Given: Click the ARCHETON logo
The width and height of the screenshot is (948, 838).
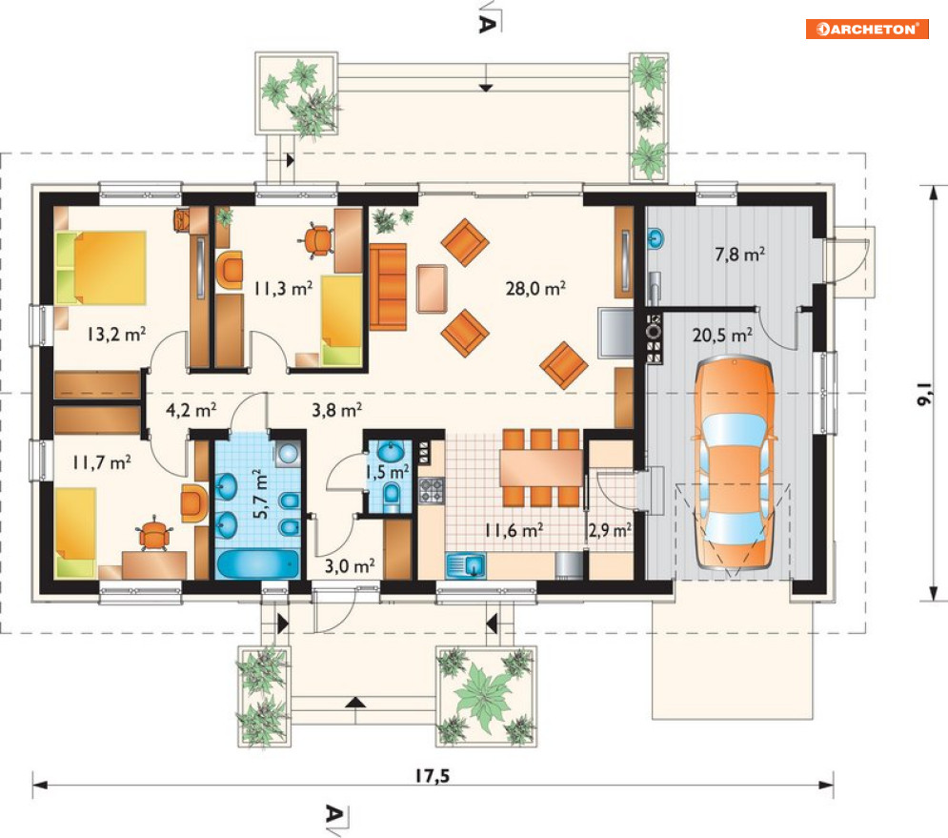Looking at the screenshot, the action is pos(867,29).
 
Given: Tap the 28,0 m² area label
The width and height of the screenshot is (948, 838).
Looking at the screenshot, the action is pos(535,288).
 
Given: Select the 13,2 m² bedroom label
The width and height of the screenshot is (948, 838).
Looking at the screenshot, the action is pos(116,334).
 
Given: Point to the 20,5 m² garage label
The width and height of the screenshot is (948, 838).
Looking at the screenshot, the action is pos(722,335).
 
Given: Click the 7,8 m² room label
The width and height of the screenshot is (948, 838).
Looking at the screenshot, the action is pos(739,254).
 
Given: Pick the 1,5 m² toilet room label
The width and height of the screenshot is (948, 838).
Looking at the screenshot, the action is pos(388,471).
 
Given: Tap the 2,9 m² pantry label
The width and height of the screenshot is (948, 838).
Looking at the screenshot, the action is pos(610,531).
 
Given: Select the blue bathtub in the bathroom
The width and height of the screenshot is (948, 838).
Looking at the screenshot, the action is pos(258,564).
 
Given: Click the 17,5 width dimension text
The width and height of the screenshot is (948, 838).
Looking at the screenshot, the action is pos(433,776).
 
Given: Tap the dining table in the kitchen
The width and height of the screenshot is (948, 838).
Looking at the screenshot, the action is pos(541,468).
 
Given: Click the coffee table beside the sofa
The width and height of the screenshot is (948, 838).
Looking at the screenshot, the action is pos(432,289).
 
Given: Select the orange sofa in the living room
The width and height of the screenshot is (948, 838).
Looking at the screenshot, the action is pos(388,287).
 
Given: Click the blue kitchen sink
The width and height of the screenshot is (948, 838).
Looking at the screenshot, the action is pos(466,565).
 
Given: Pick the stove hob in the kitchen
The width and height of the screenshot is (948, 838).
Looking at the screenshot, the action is pos(431,490).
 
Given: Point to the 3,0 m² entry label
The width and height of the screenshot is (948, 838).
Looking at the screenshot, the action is pos(350,566).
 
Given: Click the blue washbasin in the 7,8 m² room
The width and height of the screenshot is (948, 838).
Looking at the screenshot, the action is pos(656,238).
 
